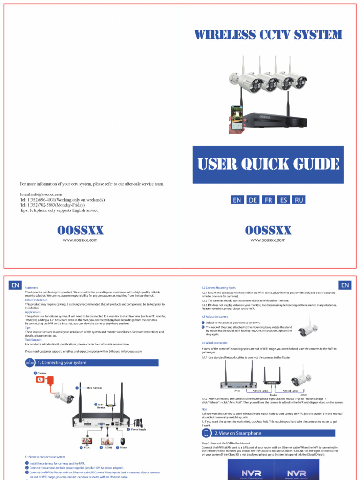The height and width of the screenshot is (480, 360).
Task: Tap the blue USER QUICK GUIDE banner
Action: [268, 164]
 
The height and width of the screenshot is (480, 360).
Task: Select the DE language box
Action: [253, 200]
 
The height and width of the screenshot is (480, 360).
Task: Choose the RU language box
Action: [299, 200]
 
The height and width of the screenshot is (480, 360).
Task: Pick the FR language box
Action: [268, 200]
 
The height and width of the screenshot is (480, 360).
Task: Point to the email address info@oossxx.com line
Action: [41, 194]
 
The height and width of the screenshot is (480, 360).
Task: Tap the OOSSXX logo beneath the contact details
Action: [80, 230]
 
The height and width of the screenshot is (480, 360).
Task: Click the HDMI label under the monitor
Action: [108, 447]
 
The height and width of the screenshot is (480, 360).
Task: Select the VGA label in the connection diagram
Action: [86, 447]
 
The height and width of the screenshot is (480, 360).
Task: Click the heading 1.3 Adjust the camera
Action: [215, 317]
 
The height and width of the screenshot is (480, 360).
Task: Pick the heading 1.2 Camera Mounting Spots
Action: [218, 287]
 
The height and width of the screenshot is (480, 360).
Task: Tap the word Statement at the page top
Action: [31, 287]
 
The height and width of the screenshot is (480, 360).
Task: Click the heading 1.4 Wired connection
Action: [214, 343]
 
